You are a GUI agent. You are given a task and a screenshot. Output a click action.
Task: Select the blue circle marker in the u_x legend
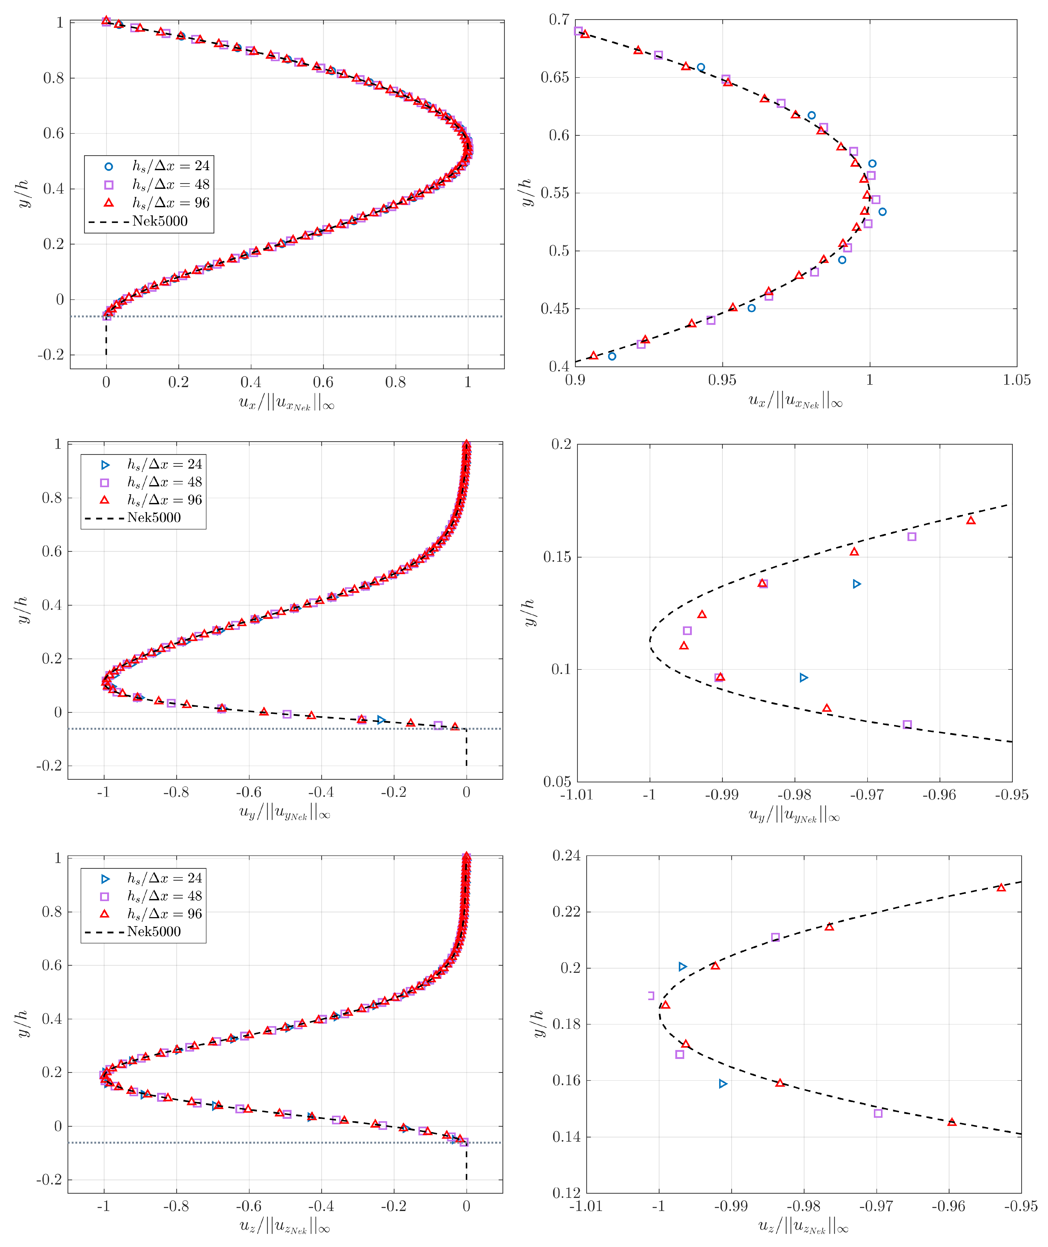(x=109, y=166)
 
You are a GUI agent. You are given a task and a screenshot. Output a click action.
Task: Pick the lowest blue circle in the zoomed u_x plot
(x=612, y=356)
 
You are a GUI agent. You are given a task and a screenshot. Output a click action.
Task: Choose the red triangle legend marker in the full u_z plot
(x=105, y=914)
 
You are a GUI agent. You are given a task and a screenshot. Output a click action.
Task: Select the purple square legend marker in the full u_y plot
(x=105, y=482)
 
